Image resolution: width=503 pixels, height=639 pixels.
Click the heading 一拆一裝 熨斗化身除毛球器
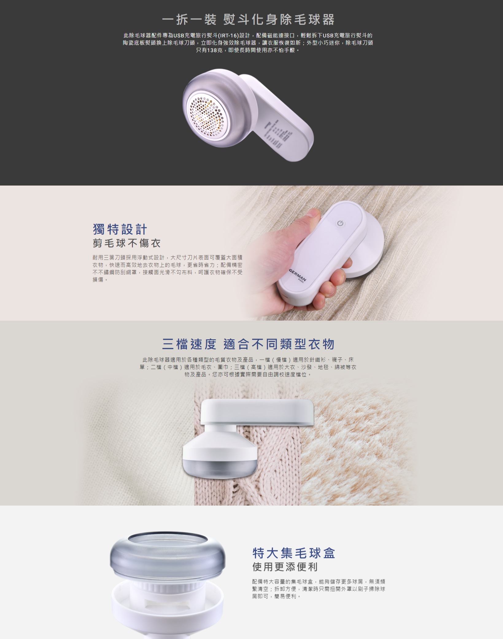[248, 20]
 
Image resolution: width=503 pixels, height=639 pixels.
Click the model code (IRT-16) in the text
[228, 36]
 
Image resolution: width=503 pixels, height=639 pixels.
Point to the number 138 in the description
[212, 50]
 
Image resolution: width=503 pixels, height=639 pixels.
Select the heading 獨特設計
[120, 229]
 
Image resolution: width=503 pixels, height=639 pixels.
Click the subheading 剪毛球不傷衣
[127, 243]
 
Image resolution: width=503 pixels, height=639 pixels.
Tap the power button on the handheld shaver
[340, 223]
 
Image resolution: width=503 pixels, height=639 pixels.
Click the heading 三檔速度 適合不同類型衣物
[248, 344]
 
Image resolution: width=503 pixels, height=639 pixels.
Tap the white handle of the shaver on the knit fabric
[257, 412]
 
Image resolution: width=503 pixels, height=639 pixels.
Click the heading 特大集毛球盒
[294, 553]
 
